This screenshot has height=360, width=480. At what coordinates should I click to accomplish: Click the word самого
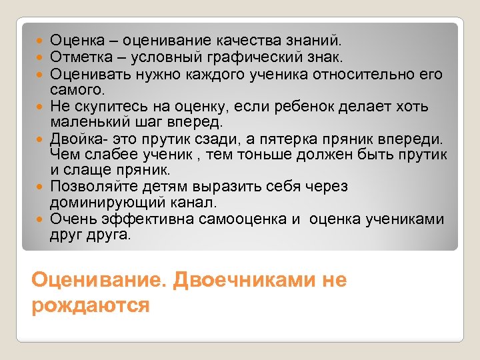pos(75,88)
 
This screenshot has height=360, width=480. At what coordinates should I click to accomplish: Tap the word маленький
pos(92,122)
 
